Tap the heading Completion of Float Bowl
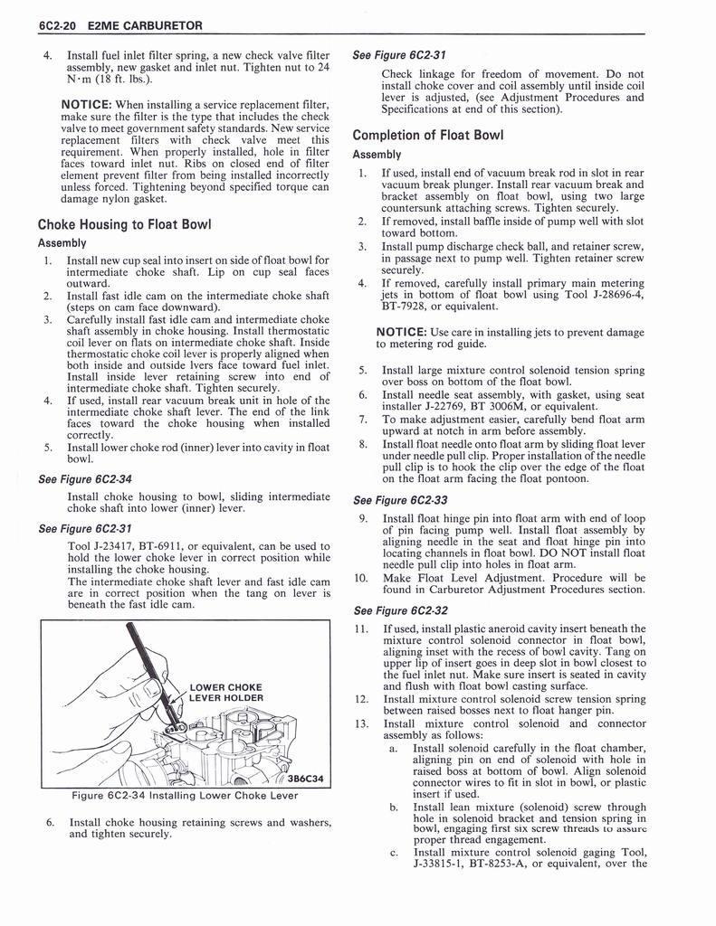427,136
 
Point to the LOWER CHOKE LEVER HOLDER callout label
226,692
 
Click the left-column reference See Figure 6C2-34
85,479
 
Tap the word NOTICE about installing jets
401,333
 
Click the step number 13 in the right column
361,723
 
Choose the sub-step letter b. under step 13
394,807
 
